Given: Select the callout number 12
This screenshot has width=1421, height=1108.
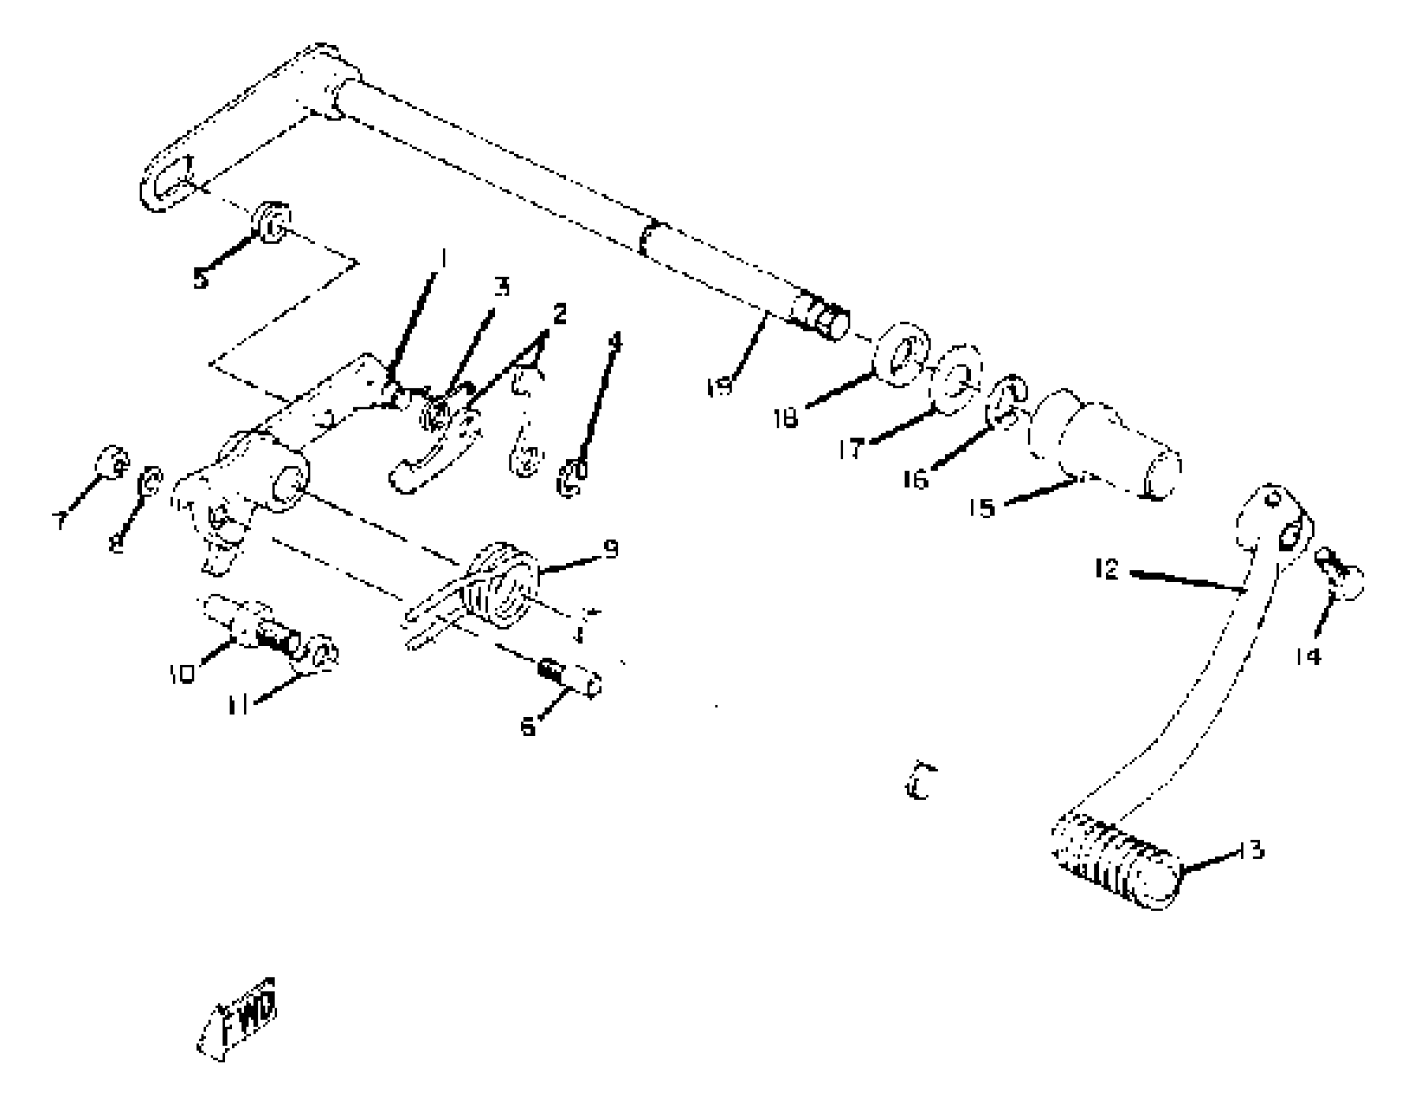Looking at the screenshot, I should [1107, 569].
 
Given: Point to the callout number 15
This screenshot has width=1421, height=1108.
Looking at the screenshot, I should [982, 507].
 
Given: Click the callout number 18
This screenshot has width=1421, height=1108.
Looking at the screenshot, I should [786, 418].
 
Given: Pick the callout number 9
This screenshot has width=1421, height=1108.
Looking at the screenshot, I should [611, 549].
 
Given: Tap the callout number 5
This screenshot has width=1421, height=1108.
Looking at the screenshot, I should [200, 280].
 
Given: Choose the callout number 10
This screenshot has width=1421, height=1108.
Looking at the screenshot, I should [183, 674].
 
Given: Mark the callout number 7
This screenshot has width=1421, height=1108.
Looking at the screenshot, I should [60, 521].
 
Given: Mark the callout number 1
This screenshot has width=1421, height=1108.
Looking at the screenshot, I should [443, 259].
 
